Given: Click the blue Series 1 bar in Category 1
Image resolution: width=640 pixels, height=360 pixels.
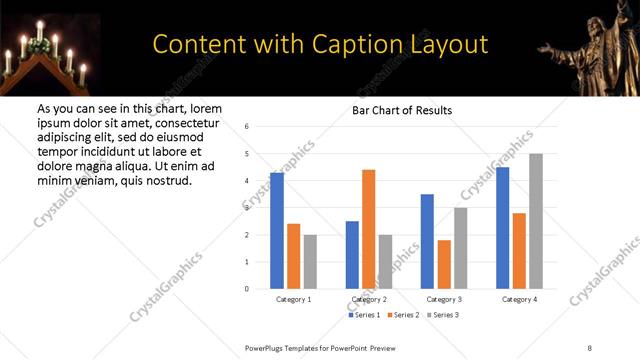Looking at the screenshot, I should (277, 231).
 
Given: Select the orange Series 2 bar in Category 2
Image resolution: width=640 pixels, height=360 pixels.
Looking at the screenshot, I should (368, 229).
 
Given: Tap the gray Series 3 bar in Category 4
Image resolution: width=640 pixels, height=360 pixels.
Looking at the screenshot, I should (536, 221).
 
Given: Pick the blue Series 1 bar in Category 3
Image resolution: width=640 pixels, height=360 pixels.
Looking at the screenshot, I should (427, 241).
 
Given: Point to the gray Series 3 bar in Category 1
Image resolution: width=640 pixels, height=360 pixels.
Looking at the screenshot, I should (310, 261).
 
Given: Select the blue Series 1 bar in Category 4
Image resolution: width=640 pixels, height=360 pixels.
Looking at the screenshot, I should (503, 228).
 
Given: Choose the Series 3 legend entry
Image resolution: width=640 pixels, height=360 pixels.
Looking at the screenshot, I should (445, 315).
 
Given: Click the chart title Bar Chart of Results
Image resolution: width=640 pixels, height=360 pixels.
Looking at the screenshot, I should (402, 110).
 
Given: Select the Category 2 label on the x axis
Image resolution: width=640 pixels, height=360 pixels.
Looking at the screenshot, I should (368, 299).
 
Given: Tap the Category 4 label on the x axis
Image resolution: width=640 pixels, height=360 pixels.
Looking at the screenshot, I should (519, 299).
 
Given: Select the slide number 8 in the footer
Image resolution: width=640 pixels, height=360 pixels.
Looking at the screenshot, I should (590, 347).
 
